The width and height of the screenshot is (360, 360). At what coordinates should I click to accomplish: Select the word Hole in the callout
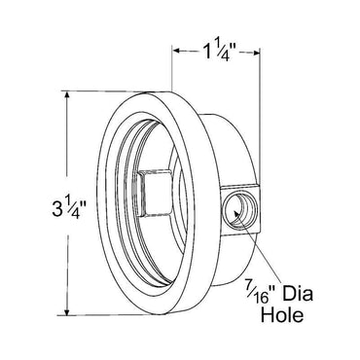point(289,315)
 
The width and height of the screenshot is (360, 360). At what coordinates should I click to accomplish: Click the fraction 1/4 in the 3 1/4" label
point(48,207)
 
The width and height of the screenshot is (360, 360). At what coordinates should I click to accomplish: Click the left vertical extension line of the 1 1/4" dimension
point(171,68)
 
